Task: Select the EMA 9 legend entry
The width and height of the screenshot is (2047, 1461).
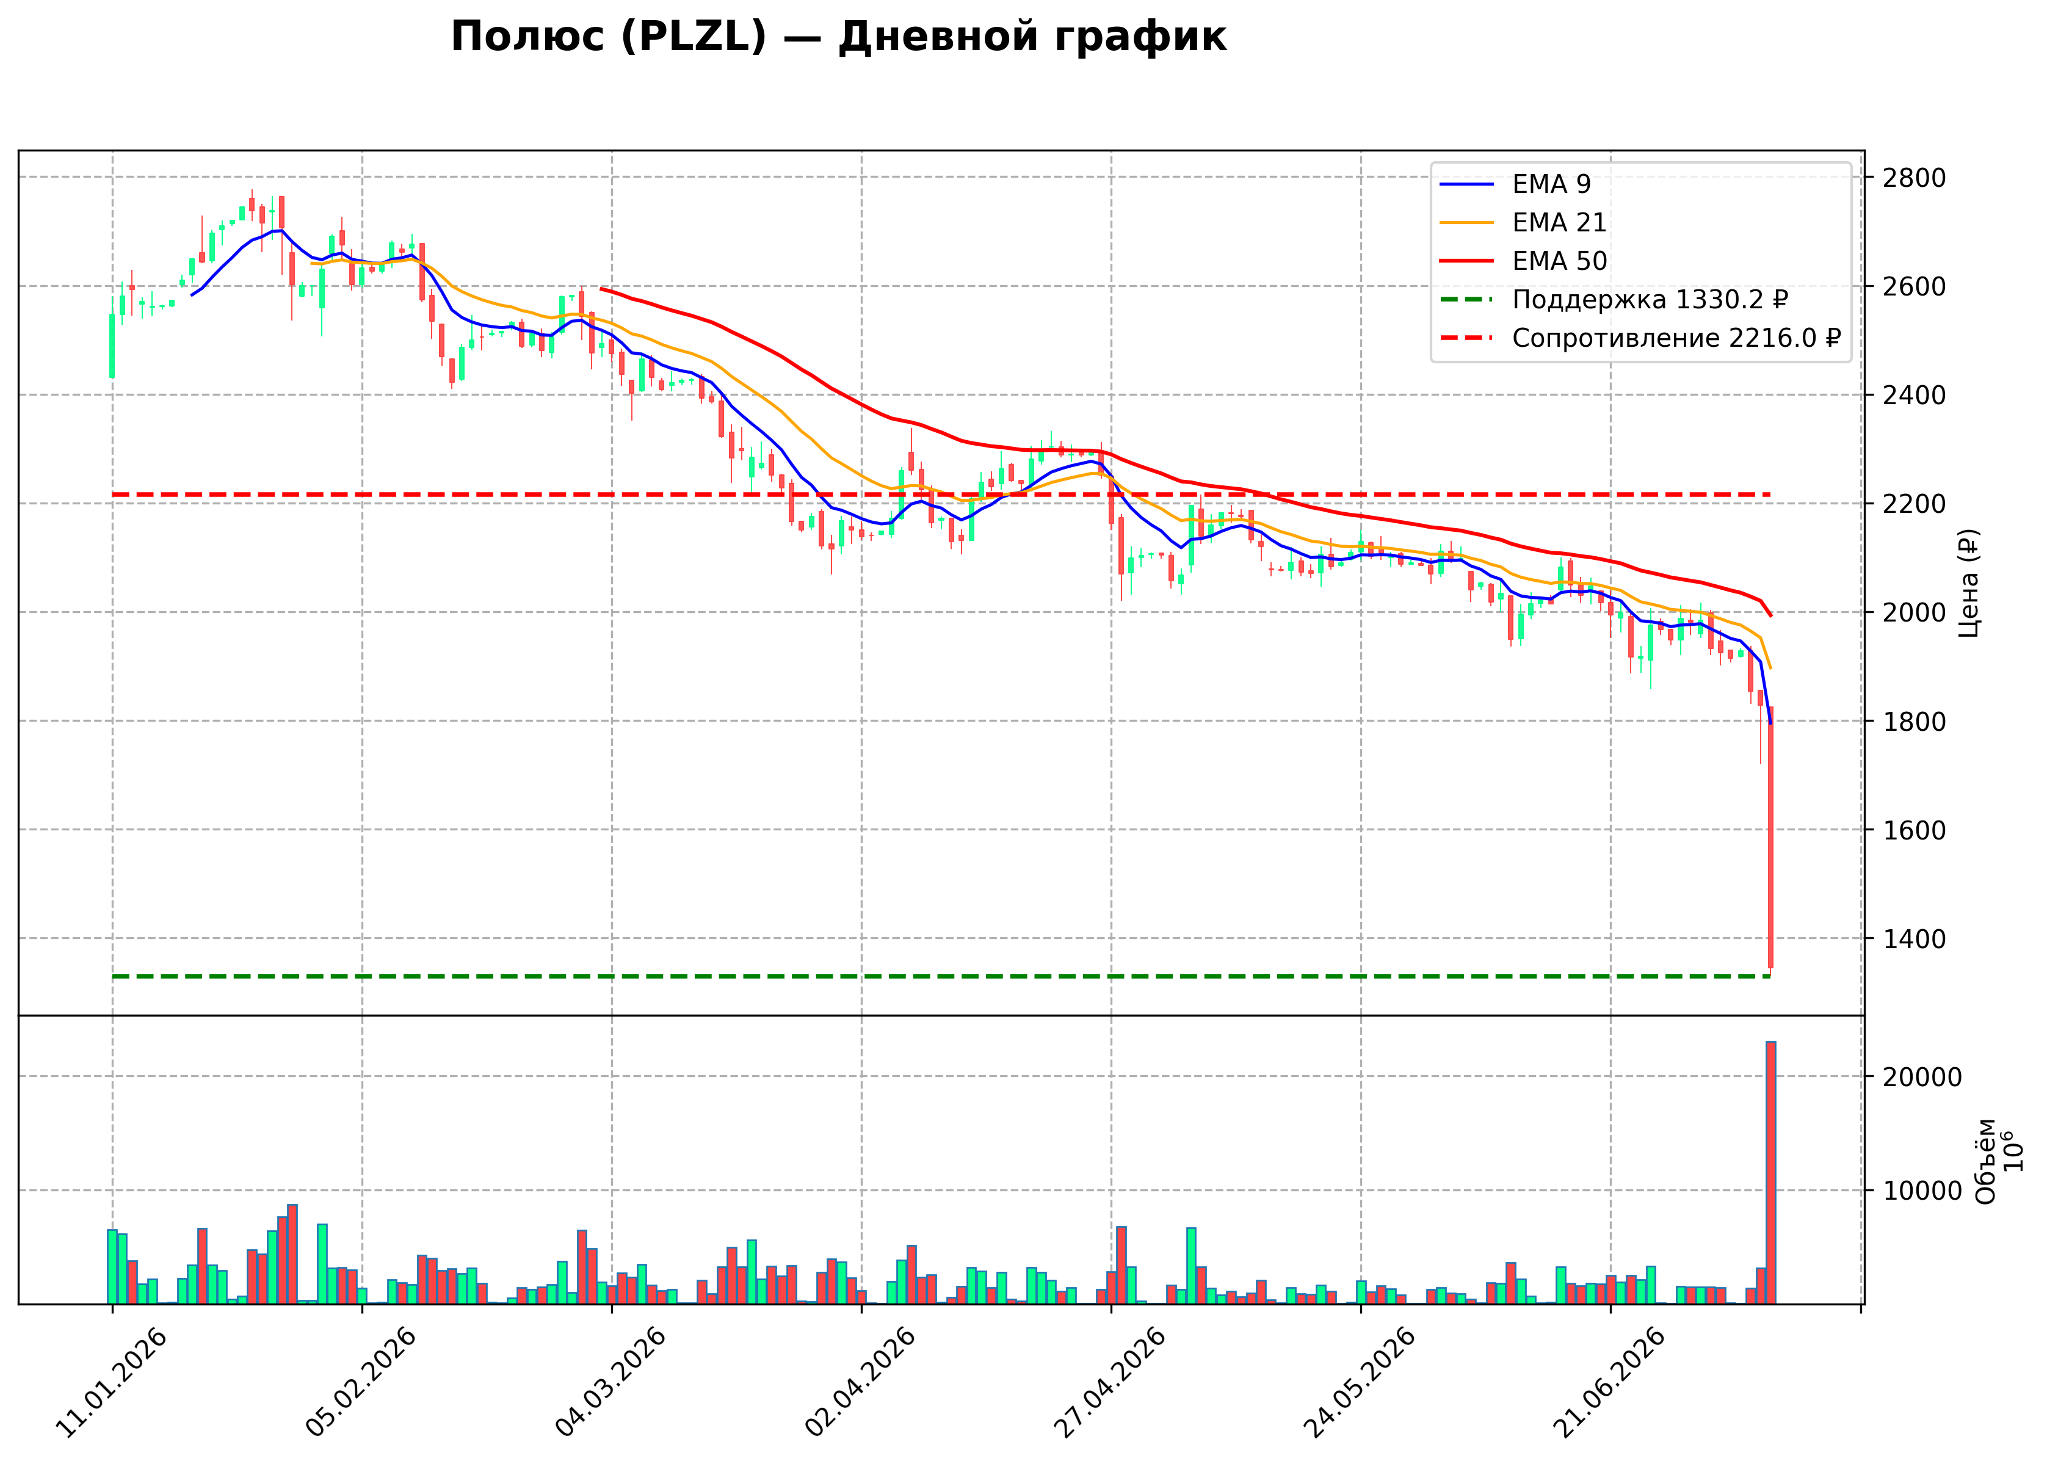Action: [x=1515, y=184]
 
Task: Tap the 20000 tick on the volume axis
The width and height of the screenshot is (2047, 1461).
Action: [x=1921, y=1078]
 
